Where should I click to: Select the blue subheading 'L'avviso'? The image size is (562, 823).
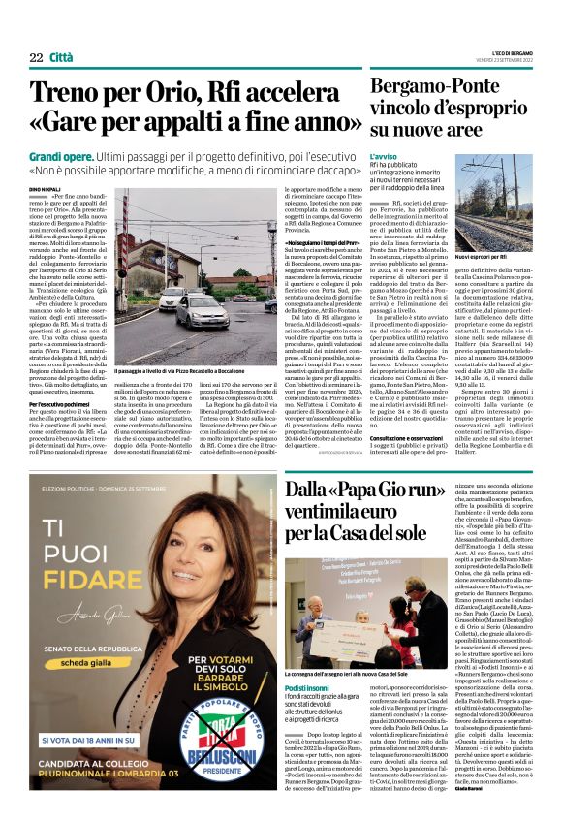[x=384, y=156]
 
